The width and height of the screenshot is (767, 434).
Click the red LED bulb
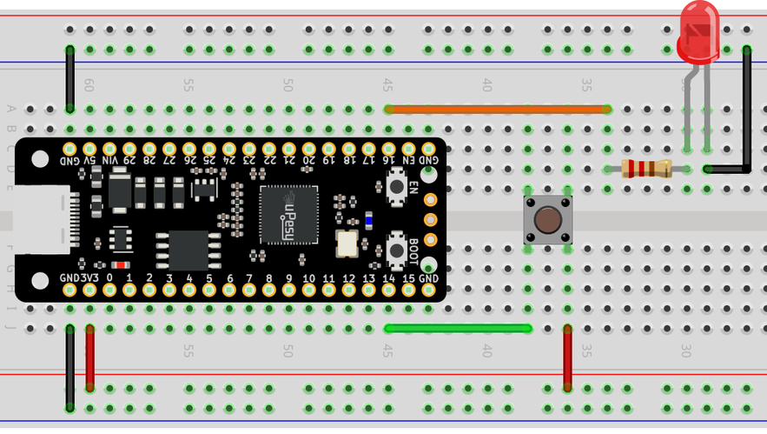(699, 31)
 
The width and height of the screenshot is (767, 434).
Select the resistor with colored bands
(648, 169)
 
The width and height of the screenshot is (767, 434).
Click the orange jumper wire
(496, 110)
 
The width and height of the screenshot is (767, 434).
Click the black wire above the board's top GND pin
(69, 78)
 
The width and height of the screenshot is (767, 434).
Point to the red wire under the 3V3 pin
(89, 358)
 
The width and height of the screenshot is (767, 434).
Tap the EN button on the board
(396, 187)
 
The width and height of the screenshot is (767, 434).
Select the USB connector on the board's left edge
(39, 219)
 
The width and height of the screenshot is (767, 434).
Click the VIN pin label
(109, 159)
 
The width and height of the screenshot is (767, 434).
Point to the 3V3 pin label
(89, 277)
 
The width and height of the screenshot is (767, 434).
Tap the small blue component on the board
(368, 221)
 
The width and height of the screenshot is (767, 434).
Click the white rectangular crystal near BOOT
(347, 244)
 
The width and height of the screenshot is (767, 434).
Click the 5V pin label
(89, 159)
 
